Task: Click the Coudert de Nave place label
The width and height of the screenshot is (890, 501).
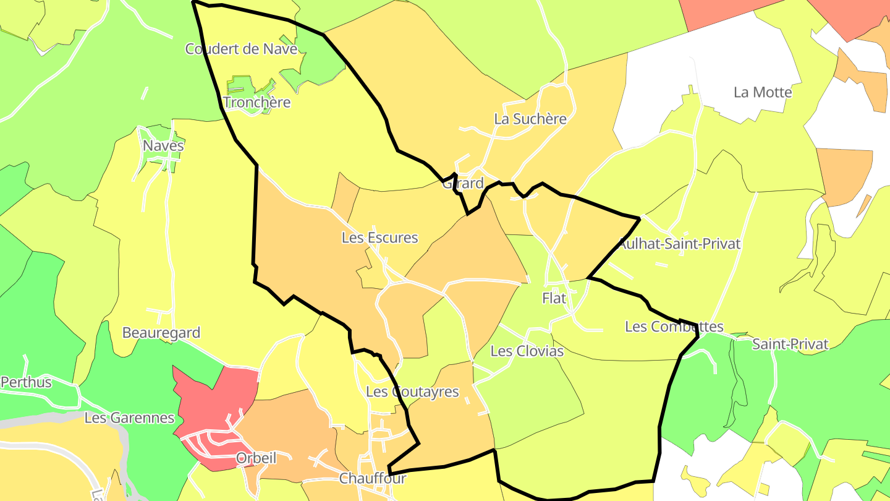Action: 241,49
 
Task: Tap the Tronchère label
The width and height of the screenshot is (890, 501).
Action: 256,102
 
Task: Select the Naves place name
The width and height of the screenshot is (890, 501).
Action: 163,146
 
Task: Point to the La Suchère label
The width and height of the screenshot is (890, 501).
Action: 530,119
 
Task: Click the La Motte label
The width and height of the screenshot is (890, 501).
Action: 763,92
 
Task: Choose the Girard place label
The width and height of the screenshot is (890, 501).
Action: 463,183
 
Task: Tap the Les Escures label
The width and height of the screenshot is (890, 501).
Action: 379,238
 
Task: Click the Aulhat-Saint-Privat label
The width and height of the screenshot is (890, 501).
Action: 680,244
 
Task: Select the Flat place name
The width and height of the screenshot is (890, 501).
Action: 554,298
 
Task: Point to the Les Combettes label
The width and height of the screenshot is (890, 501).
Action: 674,327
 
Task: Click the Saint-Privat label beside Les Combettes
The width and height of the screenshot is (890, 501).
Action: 790,345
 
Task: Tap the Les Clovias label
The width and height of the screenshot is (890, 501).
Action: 527,351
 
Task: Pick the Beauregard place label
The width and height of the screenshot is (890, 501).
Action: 161,333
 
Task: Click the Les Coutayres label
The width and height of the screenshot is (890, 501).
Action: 412,392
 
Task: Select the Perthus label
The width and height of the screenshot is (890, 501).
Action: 26,382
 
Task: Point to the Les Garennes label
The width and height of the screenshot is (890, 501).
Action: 129,418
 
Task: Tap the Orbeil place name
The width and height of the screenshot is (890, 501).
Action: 256,458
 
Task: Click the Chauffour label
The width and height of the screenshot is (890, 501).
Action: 372,478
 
